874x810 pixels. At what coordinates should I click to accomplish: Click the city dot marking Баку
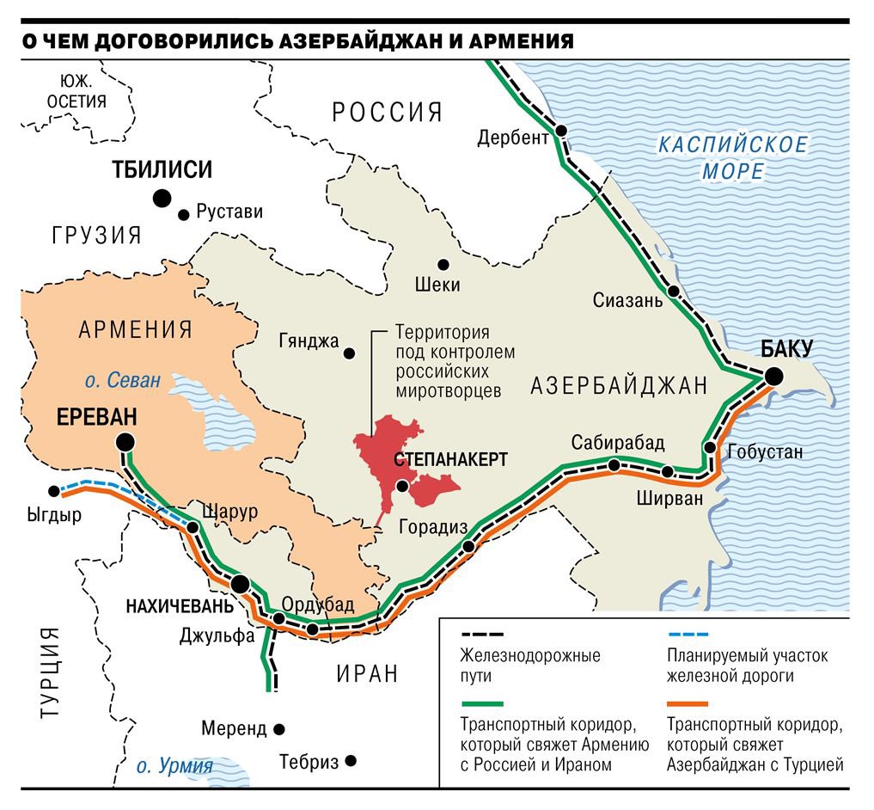click(x=774, y=376)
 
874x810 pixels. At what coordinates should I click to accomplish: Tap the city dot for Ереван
click(x=125, y=442)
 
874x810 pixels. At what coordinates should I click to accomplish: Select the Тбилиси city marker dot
click(x=162, y=199)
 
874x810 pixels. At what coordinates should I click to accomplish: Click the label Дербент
click(x=513, y=138)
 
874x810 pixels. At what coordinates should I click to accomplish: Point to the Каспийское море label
click(x=732, y=157)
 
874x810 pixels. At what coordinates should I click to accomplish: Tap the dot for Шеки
click(x=443, y=264)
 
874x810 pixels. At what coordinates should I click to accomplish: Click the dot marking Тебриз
click(x=351, y=761)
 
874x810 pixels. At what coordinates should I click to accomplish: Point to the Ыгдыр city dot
click(x=54, y=492)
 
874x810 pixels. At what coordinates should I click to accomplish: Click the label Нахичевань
click(x=179, y=605)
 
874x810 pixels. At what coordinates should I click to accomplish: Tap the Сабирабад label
click(x=618, y=443)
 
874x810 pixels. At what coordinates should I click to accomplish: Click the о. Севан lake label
click(x=123, y=380)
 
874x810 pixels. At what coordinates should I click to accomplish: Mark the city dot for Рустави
click(x=183, y=214)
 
